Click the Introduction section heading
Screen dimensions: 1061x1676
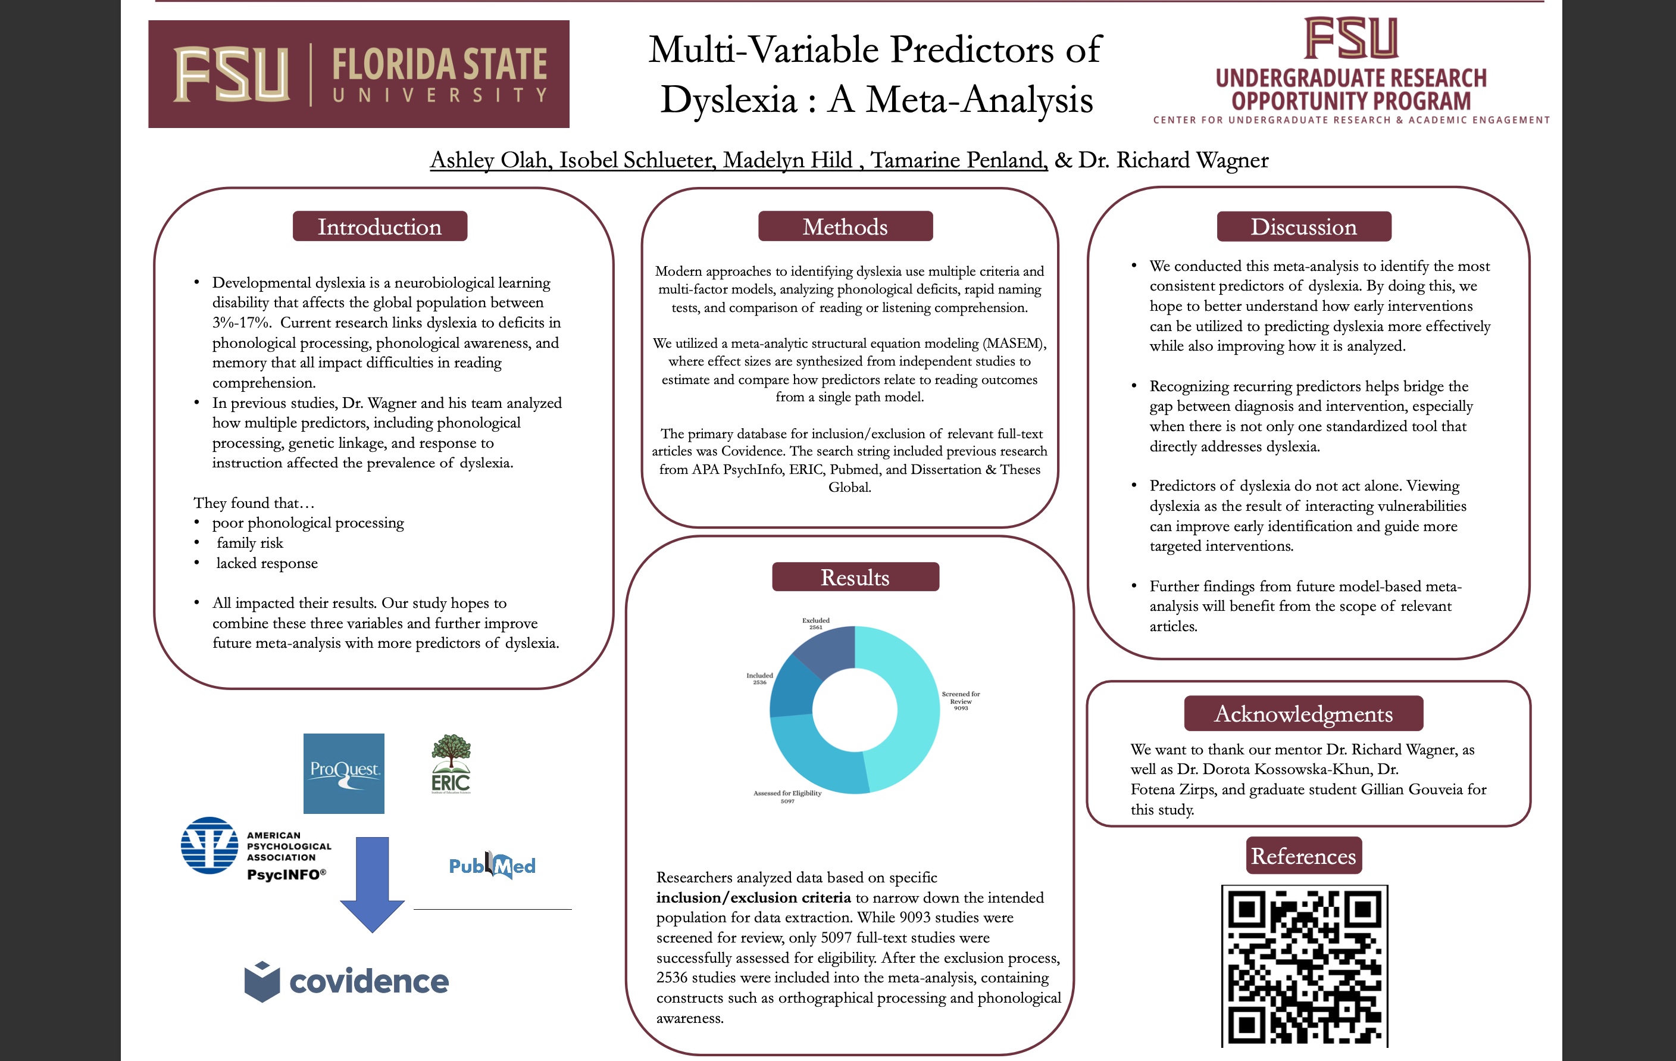(379, 227)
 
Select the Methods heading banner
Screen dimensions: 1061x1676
(845, 227)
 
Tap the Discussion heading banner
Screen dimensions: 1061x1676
(1303, 227)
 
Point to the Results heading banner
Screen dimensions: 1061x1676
(855, 577)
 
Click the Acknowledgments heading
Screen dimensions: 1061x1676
(1303, 714)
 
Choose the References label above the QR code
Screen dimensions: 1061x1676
(1303, 856)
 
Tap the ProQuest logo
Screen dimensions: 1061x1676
(344, 773)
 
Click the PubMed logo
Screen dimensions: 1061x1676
(492, 865)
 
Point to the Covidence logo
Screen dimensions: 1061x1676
(346, 982)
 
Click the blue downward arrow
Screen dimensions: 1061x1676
(373, 884)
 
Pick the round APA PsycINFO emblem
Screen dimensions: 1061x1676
(209, 845)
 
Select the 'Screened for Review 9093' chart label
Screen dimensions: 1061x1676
(961, 700)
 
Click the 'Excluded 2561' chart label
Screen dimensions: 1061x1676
(816, 623)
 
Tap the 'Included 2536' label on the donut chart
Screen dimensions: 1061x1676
(759, 678)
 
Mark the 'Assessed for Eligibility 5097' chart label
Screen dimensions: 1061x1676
(787, 797)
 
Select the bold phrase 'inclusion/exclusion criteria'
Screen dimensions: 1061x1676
(753, 897)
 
